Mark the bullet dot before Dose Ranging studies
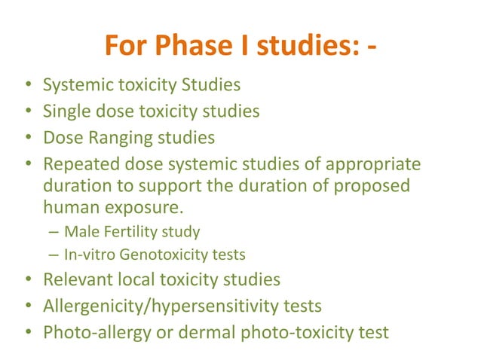coord(27,139)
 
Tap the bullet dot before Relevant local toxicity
coord(27,280)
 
